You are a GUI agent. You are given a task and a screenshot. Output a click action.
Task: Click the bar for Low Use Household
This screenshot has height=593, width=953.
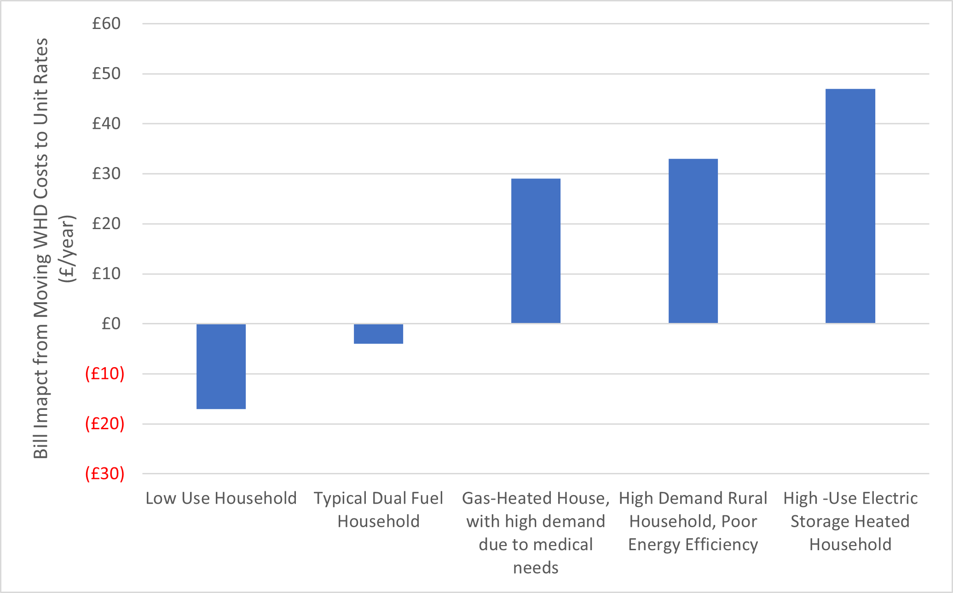click(221, 366)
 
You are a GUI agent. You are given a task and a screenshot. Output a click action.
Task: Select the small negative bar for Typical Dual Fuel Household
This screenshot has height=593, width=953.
click(378, 334)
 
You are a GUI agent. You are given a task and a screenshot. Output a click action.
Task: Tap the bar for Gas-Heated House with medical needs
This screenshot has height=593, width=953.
click(536, 251)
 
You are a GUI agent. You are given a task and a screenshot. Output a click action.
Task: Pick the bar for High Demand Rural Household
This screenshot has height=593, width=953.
click(693, 241)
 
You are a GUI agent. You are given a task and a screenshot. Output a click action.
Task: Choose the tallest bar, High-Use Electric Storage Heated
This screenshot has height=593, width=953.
click(850, 206)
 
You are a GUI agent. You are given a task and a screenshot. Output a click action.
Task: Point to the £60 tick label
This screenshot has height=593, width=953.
click(106, 23)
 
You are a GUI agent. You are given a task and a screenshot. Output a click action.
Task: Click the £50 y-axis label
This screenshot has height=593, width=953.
click(106, 74)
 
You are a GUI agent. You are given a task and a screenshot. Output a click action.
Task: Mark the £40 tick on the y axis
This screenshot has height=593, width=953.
click(106, 124)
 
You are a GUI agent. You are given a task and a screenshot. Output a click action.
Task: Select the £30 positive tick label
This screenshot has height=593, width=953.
click(106, 174)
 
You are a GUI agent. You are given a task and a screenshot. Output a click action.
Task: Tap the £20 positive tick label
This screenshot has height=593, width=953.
click(106, 224)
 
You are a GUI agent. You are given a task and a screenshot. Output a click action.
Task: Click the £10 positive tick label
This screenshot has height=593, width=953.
click(106, 274)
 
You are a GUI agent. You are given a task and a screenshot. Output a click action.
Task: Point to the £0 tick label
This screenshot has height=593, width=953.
click(111, 324)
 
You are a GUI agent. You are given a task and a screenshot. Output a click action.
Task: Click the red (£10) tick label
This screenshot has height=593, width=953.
click(105, 374)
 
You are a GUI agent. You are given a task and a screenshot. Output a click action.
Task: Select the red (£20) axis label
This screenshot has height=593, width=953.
click(105, 424)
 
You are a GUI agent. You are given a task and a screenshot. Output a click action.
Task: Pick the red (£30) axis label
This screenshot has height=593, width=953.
click(105, 473)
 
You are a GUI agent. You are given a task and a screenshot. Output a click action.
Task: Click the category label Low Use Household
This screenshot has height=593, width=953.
click(221, 498)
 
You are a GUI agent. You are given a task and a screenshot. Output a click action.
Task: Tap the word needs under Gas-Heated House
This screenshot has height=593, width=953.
click(536, 568)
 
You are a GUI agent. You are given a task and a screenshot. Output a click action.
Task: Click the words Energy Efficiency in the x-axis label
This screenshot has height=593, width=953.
click(693, 545)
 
